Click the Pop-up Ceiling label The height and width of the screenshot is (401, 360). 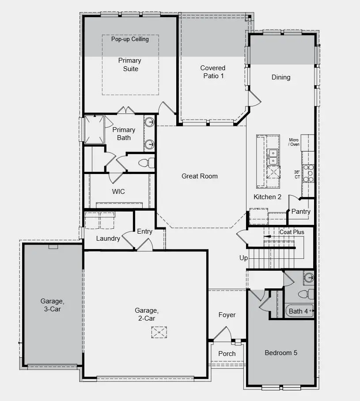pyautogui.click(x=130, y=39)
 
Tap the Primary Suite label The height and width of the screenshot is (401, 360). pyautogui.click(x=129, y=64)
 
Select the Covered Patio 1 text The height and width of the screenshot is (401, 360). pyautogui.click(x=212, y=72)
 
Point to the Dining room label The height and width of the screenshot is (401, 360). pyautogui.click(x=281, y=77)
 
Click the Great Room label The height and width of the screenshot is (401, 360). pyautogui.click(x=200, y=176)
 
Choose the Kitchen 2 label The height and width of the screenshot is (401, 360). pyautogui.click(x=267, y=197)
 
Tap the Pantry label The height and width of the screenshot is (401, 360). pyautogui.click(x=300, y=212)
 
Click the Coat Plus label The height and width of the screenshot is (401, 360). pyautogui.click(x=292, y=232)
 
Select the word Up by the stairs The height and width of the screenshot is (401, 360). pyautogui.click(x=243, y=258)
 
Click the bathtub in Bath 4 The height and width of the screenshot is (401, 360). pyautogui.click(x=299, y=311)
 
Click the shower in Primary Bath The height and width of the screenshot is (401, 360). pyautogui.click(x=94, y=129)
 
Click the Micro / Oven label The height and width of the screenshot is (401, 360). pyautogui.click(x=294, y=142)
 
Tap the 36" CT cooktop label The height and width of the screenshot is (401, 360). pyautogui.click(x=297, y=174)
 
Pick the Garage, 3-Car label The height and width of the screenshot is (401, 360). pyautogui.click(x=53, y=305)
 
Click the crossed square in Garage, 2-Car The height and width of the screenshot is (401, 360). pyautogui.click(x=159, y=332)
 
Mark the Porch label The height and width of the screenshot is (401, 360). pyautogui.click(x=227, y=354)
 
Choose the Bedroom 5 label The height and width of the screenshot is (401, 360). pyautogui.click(x=281, y=353)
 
